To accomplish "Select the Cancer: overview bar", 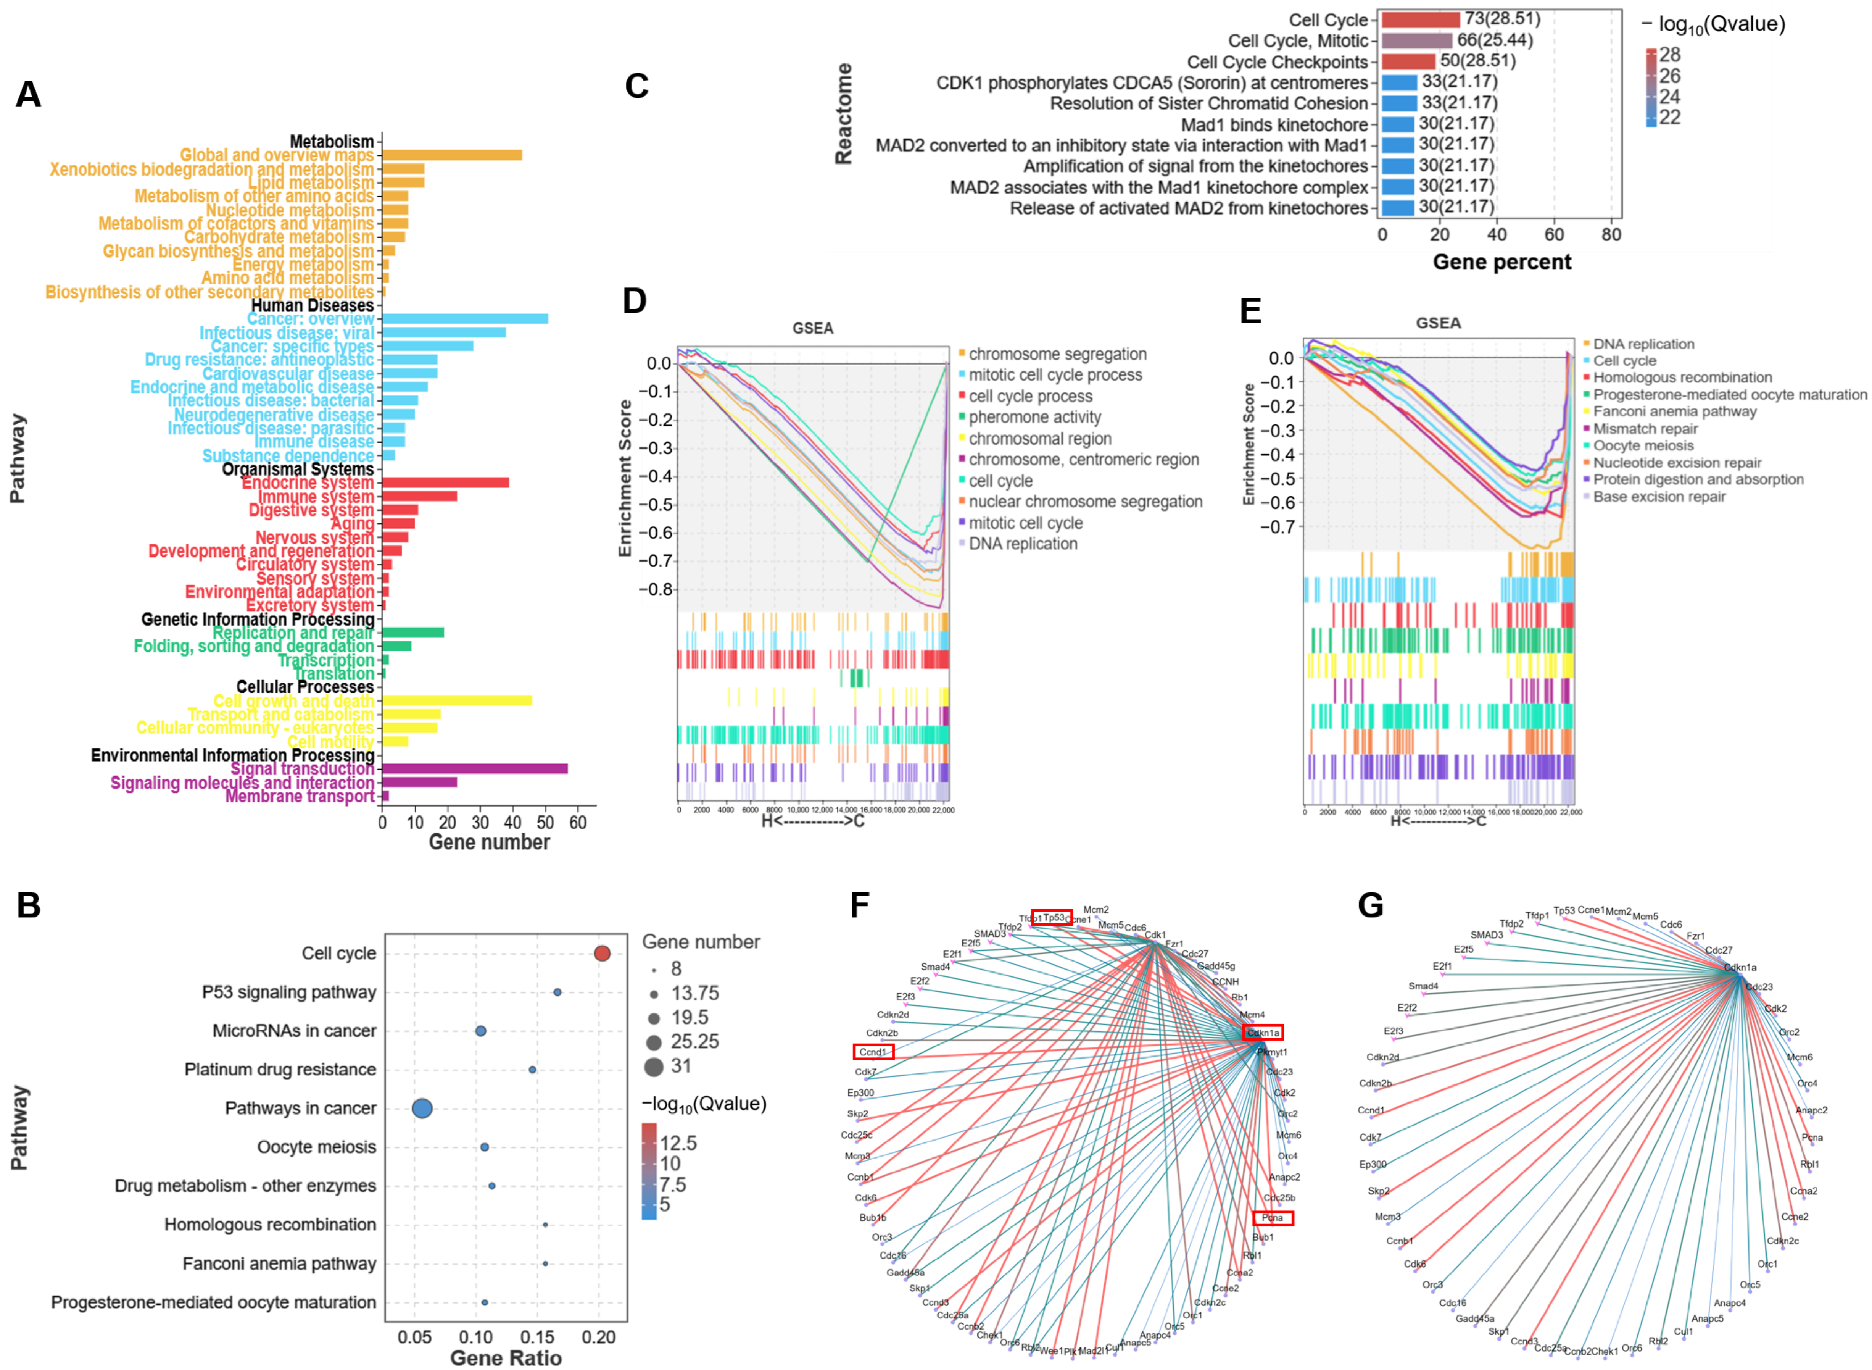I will [x=464, y=318].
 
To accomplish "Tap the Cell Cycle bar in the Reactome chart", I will [x=1419, y=19].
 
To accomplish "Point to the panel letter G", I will [x=1371, y=905].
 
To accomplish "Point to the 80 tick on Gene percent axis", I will [x=1611, y=235].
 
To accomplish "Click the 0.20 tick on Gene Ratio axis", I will [x=599, y=1338].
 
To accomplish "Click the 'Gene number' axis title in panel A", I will [x=489, y=842].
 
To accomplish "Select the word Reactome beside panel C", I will [x=843, y=114].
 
